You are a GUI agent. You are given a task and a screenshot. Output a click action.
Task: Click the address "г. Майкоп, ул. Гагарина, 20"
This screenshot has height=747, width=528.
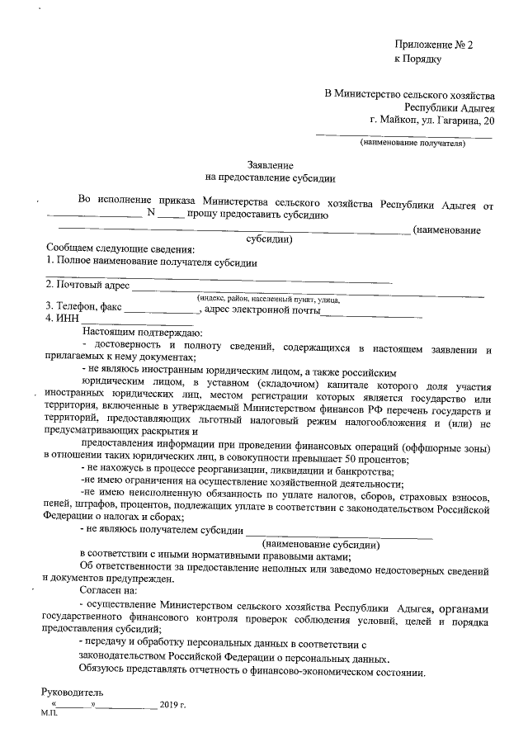[x=433, y=120]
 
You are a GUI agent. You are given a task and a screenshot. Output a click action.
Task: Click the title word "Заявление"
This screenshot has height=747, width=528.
[x=271, y=165]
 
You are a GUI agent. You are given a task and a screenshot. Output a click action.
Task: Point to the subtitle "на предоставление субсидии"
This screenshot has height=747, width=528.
[x=271, y=177]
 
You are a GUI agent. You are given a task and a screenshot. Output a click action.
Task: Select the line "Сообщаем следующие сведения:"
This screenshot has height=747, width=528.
[x=120, y=250]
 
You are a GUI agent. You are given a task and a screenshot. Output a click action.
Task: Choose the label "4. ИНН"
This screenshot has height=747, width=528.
[x=63, y=319]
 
